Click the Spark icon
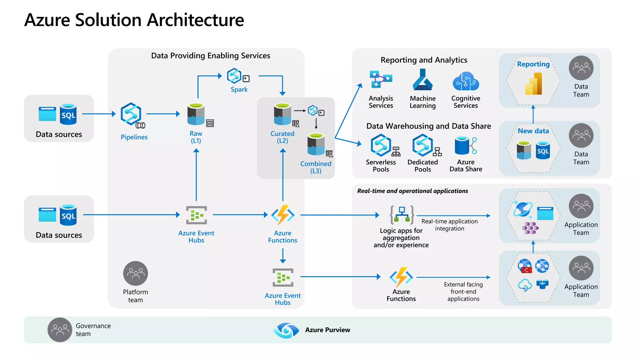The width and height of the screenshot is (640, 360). click(234, 76)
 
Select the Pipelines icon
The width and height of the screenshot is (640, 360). click(131, 114)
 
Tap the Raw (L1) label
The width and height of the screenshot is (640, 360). click(196, 137)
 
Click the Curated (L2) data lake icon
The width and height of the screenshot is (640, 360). click(282, 114)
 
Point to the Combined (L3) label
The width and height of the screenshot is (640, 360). click(316, 167)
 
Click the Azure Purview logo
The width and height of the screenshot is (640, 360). click(286, 330)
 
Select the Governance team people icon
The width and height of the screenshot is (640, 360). click(60, 330)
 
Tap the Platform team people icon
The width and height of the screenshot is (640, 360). click(135, 273)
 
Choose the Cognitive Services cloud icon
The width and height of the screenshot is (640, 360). click(466, 81)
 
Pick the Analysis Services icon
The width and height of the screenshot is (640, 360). click(381, 79)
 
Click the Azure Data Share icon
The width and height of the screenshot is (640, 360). click(466, 146)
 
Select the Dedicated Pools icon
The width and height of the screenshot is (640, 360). click(422, 145)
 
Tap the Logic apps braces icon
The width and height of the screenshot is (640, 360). click(402, 215)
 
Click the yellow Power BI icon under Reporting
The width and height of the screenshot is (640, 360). click(533, 84)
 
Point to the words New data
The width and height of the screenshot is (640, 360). click(533, 131)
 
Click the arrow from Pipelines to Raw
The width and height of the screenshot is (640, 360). click(163, 114)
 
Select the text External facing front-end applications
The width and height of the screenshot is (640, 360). click(463, 292)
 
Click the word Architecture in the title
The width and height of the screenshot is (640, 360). click(195, 20)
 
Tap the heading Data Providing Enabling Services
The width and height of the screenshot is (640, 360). click(211, 56)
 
